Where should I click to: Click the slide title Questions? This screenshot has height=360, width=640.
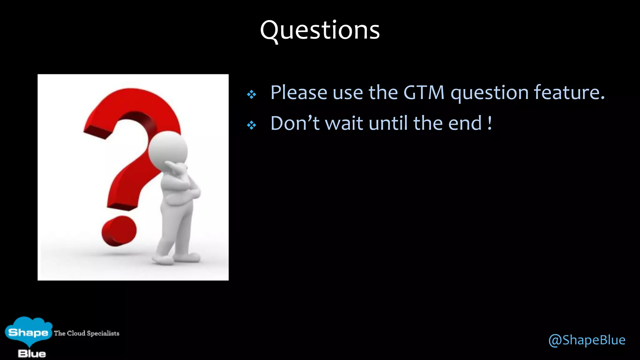(x=320, y=30)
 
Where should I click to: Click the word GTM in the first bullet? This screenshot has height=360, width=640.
(x=424, y=92)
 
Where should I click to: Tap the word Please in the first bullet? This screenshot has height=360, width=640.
(x=299, y=92)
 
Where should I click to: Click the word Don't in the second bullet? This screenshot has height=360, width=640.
(x=295, y=123)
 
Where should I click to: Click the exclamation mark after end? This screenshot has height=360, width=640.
(x=490, y=123)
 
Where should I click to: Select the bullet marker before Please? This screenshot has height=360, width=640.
(x=251, y=94)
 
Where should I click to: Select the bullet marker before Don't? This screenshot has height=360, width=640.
(x=251, y=125)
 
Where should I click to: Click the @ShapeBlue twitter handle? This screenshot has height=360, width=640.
(x=587, y=340)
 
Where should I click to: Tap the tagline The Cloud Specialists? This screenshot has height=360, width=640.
(x=87, y=333)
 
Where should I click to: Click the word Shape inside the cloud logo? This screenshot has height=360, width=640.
(x=28, y=332)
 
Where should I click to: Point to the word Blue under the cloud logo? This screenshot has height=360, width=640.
(x=32, y=354)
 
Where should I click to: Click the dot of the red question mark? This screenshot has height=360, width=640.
(x=119, y=231)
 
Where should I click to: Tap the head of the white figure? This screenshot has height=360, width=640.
(x=168, y=149)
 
